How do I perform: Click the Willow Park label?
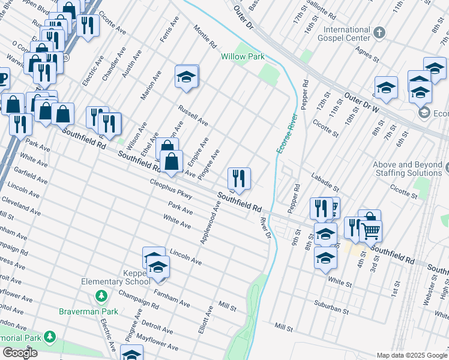pyautogui.click(x=243, y=56)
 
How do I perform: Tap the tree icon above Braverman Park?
pyautogui.click(x=101, y=296)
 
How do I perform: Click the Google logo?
pyautogui.click(x=20, y=353)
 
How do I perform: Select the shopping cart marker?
pyautogui.click(x=371, y=230)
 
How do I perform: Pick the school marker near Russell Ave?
pyautogui.click(x=187, y=77)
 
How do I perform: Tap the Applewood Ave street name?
pyautogui.click(x=211, y=222)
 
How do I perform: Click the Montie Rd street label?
pyautogui.click(x=205, y=37)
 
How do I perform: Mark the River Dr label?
pyautogui.click(x=265, y=227)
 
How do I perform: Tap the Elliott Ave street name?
pyautogui.click(x=206, y=320)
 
